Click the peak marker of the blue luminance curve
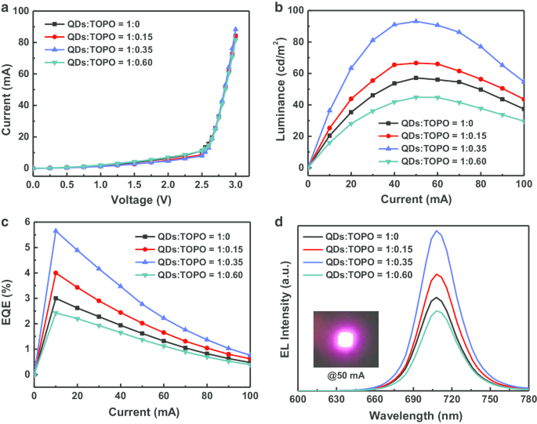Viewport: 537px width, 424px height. pos(415,21)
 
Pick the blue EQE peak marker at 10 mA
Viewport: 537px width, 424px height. pos(56,230)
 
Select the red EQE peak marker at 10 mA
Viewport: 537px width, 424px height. pos(56,273)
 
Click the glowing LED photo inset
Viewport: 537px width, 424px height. pos(345,339)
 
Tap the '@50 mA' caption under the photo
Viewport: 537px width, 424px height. pos(345,375)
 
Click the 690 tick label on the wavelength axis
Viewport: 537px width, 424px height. pos(383,400)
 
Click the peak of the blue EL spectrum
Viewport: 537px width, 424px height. pos(437,230)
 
